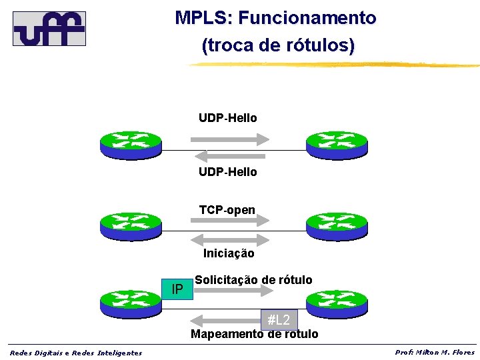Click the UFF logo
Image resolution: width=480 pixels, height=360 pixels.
click(x=49, y=28)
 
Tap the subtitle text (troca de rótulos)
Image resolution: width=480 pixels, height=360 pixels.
click(x=278, y=46)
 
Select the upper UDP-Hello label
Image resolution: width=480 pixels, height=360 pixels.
click(x=227, y=118)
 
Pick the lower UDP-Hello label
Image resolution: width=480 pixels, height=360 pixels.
click(x=227, y=172)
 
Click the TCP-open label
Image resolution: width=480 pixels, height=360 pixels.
click(x=227, y=211)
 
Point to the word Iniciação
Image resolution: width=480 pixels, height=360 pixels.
click(x=228, y=253)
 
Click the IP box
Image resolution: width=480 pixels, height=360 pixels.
click(x=177, y=289)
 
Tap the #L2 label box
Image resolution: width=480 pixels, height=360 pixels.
click(x=279, y=320)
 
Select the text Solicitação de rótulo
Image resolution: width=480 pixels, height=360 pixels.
click(x=253, y=279)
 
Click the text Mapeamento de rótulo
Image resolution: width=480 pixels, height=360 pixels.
click(x=254, y=334)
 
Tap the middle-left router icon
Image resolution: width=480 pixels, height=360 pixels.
click(x=131, y=225)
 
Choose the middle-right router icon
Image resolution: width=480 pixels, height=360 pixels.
click(x=336, y=225)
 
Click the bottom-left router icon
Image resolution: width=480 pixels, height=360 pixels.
click(x=131, y=303)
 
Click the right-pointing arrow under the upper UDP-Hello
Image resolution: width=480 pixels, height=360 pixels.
click(x=230, y=139)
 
